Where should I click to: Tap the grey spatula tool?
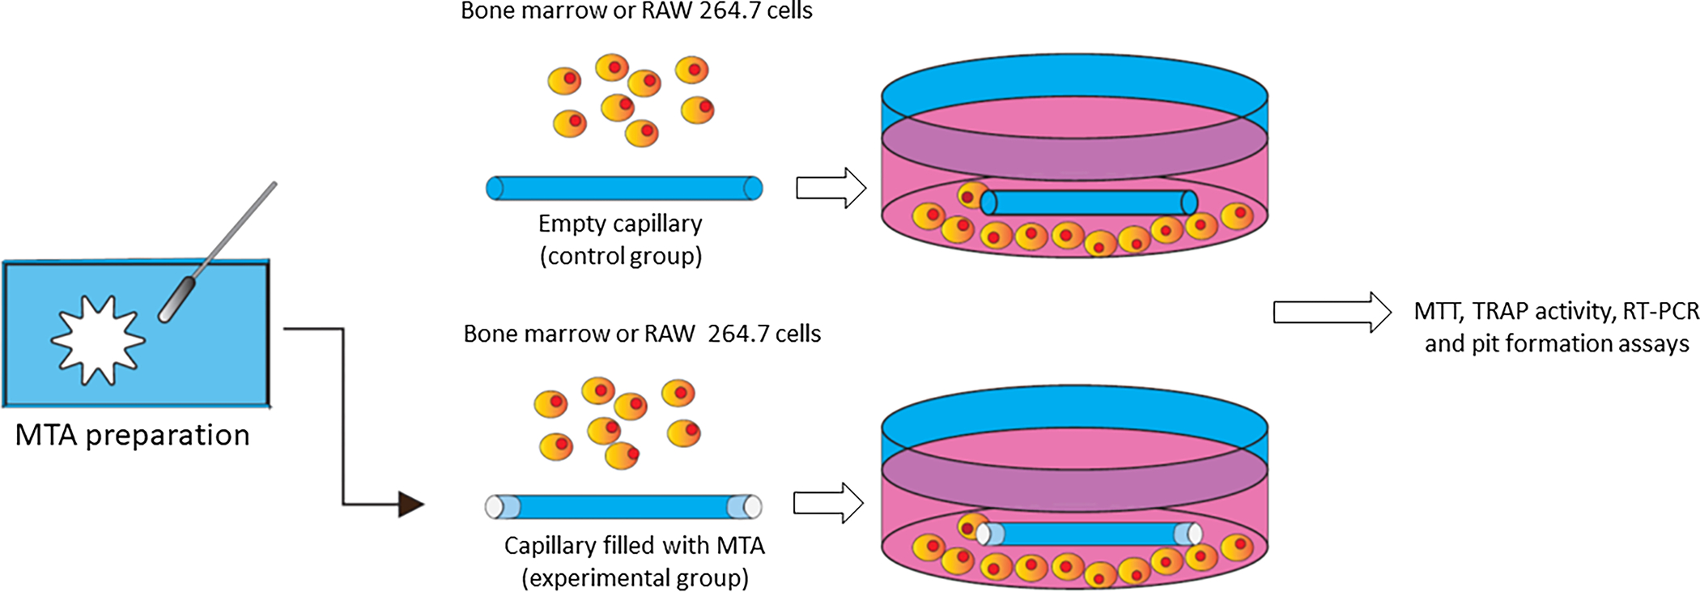[219, 251]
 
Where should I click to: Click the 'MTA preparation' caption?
[132, 436]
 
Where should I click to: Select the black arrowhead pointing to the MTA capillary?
[410, 505]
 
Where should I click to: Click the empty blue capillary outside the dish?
[623, 188]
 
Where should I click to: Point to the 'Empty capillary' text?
[620, 224]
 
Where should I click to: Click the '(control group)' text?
[621, 257]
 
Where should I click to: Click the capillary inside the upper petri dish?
[1089, 202]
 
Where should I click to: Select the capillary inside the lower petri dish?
[1089, 534]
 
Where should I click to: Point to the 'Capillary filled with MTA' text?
[634, 546]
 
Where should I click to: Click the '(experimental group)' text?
[635, 578]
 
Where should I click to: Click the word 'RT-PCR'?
[1660, 311]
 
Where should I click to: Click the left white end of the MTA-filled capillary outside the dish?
[495, 507]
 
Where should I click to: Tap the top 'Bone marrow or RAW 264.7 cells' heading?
[636, 11]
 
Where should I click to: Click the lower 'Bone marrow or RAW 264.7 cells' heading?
[642, 334]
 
